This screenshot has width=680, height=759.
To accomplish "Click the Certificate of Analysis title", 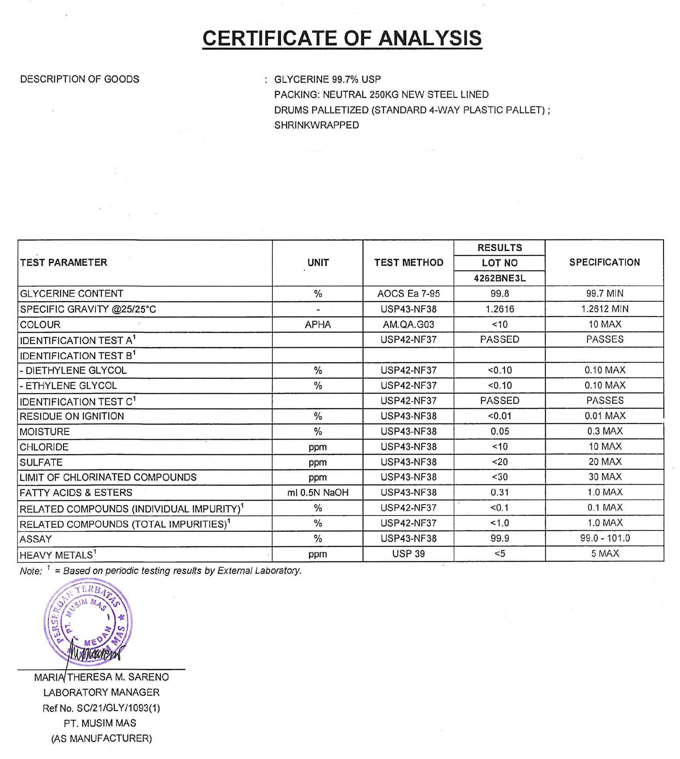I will (342, 39).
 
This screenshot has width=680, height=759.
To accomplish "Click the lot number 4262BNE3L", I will (500, 278).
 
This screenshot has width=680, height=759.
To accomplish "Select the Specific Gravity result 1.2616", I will (500, 309).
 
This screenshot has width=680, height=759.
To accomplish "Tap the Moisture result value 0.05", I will (500, 431).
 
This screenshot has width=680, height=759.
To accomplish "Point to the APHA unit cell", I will (317, 324).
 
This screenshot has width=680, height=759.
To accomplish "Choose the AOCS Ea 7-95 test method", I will (409, 294).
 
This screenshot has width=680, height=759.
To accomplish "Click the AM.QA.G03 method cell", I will (409, 324).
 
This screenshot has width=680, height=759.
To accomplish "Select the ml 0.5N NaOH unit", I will (317, 493).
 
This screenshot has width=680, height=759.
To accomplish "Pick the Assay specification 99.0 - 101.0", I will (605, 538).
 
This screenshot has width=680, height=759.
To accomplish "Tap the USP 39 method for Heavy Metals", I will (409, 553).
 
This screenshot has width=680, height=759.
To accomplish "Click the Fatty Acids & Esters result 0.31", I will (500, 493).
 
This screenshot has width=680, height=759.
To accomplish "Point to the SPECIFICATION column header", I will (604, 262).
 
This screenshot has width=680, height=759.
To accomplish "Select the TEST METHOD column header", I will (409, 263).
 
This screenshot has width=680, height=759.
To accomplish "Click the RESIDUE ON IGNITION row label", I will (72, 416).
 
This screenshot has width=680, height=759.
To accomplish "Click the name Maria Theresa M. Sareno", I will (101, 677).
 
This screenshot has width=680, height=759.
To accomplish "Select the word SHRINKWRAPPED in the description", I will (317, 125).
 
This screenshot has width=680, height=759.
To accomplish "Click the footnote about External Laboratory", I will (161, 571).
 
